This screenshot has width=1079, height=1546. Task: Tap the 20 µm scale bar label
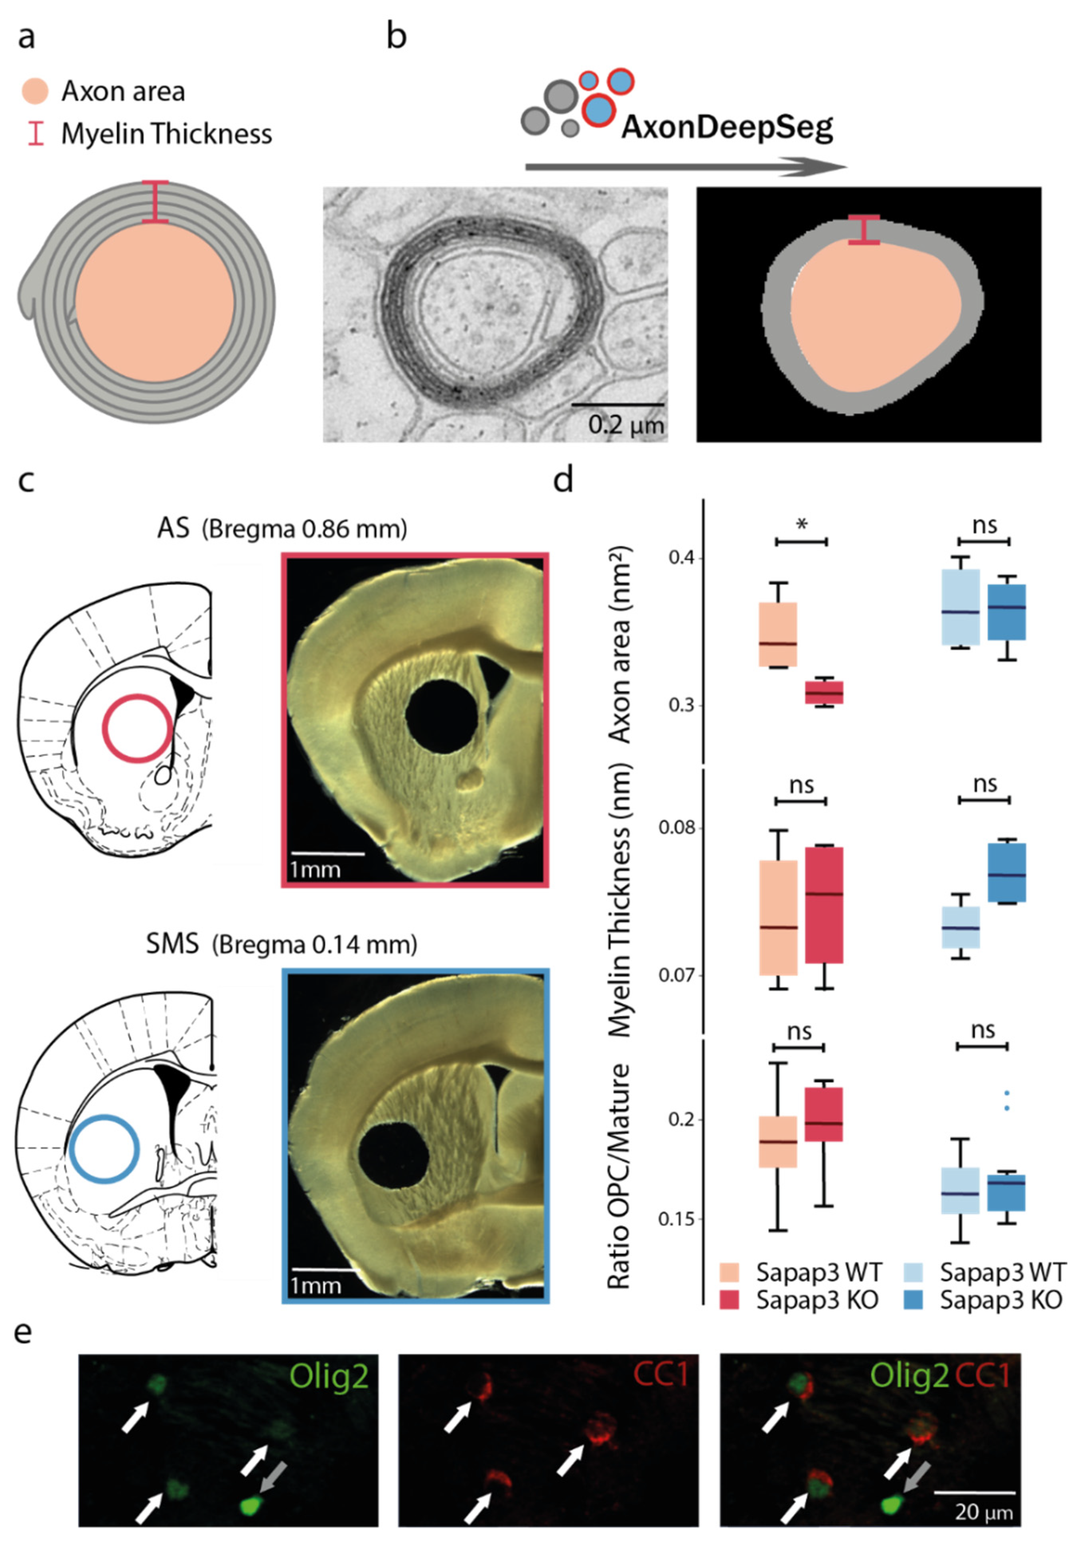click(983, 1513)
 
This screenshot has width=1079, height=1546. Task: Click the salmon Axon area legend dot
click(35, 91)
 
